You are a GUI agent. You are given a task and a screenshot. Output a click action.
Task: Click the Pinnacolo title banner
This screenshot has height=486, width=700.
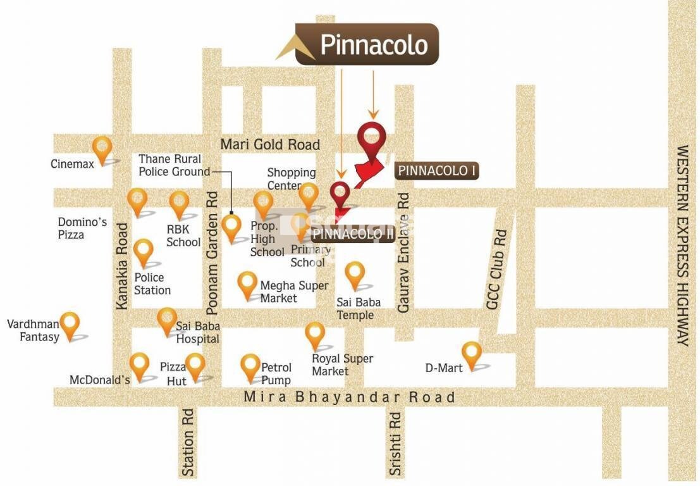pyautogui.click(x=367, y=45)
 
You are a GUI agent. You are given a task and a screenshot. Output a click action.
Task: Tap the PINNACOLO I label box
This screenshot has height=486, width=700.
pyautogui.click(x=436, y=171)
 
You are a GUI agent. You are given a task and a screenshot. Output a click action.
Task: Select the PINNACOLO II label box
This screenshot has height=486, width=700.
pyautogui.click(x=353, y=234)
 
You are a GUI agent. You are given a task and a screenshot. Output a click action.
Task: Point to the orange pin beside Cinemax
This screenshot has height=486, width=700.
pyautogui.click(x=102, y=150)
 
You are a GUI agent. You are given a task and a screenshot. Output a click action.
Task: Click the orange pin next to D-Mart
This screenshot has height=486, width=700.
pyautogui.click(x=472, y=354)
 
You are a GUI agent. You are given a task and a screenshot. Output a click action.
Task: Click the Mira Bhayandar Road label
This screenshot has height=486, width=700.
pyautogui.click(x=350, y=397)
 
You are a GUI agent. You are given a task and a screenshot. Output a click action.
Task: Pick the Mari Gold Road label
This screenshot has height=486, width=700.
pyautogui.click(x=270, y=144)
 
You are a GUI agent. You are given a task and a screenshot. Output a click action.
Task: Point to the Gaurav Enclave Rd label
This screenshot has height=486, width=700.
pyautogui.click(x=403, y=252)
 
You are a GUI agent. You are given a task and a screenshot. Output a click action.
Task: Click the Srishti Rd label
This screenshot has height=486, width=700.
pyautogui.click(x=395, y=444)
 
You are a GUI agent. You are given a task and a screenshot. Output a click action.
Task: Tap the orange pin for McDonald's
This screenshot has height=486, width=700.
pyautogui.click(x=139, y=366)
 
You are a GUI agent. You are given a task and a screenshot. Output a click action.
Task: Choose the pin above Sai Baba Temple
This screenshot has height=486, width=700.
pyautogui.click(x=355, y=275)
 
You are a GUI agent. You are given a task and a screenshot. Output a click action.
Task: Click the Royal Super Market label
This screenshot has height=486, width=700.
pyautogui.click(x=342, y=364)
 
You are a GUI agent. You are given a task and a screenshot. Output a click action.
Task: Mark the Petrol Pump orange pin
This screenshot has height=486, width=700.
pyautogui.click(x=250, y=367)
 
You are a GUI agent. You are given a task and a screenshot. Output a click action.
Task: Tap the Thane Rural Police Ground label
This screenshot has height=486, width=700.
pyautogui.click(x=174, y=165)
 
